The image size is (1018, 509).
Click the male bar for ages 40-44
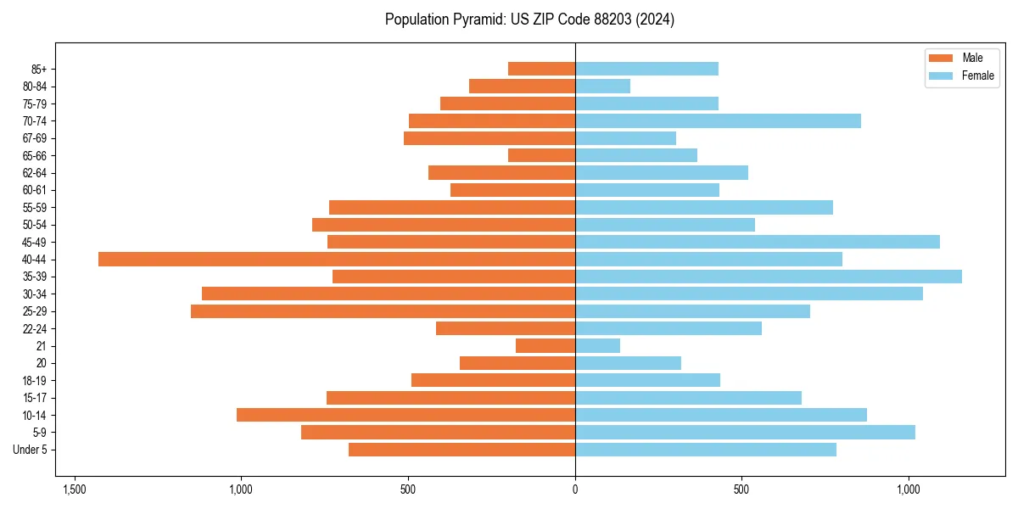click(x=337, y=260)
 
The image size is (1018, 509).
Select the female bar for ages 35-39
click(x=769, y=277)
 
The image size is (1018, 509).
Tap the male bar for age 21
click(x=545, y=346)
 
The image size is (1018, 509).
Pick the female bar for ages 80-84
click(x=602, y=86)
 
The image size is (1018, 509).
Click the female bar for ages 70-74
click(x=718, y=120)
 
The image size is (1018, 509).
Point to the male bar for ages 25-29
click(x=383, y=311)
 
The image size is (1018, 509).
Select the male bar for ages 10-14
click(x=406, y=415)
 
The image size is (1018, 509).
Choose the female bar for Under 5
click(x=706, y=450)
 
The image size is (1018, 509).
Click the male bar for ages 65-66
click(x=541, y=155)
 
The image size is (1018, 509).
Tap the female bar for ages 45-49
click(x=758, y=242)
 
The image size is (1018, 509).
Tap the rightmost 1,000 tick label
click(x=909, y=490)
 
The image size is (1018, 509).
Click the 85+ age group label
click(x=40, y=69)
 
